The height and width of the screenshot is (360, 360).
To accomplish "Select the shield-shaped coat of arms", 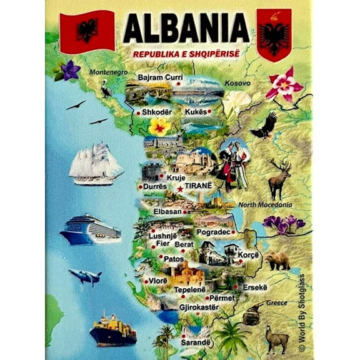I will point(274,34).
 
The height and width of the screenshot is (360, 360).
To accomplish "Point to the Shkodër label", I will point(156,112).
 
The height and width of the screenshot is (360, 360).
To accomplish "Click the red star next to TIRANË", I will point(180,188).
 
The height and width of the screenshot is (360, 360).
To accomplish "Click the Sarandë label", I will point(194,342).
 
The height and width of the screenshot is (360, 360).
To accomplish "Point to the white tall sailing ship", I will point(96,164).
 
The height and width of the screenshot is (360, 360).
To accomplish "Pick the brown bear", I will point(277,261).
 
